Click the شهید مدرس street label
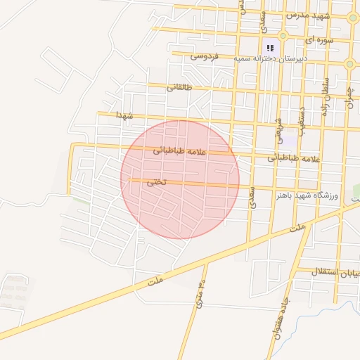[307, 14]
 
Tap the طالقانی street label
[179, 88]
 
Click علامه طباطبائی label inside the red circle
[180, 150]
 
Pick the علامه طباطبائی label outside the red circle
[293, 159]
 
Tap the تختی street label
[155, 181]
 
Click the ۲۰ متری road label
[200, 296]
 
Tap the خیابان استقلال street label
[328, 271]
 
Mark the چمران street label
[349, 103]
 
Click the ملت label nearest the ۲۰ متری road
[155, 281]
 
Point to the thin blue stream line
[337, 313]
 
